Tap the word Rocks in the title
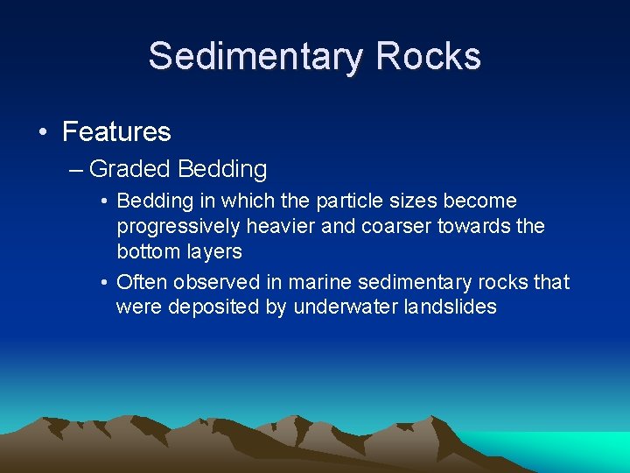pos(429,56)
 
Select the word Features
pos(116,132)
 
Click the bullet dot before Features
pos(42,132)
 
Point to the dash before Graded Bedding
pos(76,168)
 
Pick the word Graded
pos(129,168)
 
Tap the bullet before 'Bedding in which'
pos(104,201)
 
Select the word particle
pos(350,201)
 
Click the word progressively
pos(178,227)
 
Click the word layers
pos(213,251)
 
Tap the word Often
pos(142,282)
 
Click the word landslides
pos(447,307)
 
